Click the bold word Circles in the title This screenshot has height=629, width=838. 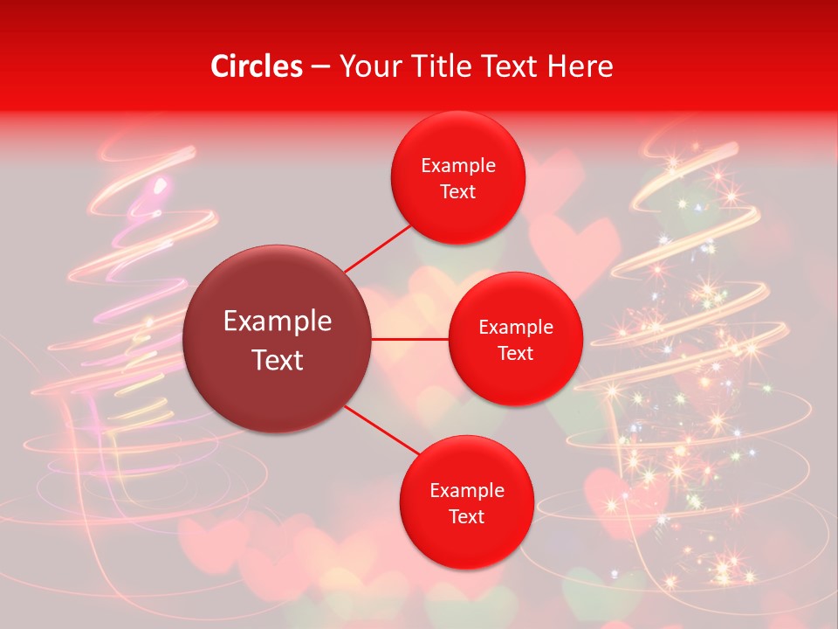click(x=257, y=66)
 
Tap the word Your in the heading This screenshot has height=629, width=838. click(x=367, y=66)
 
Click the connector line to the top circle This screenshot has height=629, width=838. click(x=377, y=247)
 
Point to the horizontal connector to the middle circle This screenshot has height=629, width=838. click(x=410, y=339)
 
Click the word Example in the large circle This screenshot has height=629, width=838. click(x=278, y=321)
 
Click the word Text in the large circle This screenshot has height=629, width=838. click(x=278, y=360)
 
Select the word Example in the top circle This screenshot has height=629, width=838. click(x=458, y=166)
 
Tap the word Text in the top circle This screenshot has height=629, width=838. click(x=458, y=192)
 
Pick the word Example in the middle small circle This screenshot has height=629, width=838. click(x=516, y=328)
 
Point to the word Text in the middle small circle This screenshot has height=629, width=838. click(x=516, y=354)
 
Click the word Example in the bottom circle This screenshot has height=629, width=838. click(x=467, y=491)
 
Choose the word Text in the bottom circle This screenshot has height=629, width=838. click(x=467, y=517)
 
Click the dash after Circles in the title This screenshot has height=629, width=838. click(x=320, y=67)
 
